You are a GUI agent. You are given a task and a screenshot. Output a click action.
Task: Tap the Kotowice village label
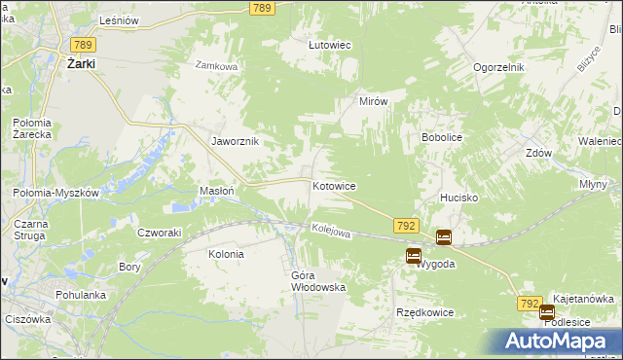(x=334, y=185)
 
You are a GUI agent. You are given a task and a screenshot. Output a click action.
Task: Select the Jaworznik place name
(x=235, y=141)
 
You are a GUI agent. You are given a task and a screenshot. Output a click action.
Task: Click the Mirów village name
(x=374, y=101)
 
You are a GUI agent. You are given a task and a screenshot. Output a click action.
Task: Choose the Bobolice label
(x=441, y=138)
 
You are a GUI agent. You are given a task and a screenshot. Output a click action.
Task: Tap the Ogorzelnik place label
(x=499, y=67)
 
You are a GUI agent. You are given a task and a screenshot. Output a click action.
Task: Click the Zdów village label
(x=538, y=153)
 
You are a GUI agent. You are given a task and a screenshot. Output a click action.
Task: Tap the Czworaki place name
(x=160, y=233)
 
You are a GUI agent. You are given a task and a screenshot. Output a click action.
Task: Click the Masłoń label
(x=216, y=191)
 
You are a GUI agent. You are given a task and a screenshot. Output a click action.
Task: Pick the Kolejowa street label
(x=330, y=231)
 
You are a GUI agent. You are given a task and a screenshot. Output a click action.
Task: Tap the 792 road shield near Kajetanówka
(x=530, y=305)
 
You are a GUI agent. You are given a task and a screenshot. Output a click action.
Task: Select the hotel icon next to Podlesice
(x=547, y=313)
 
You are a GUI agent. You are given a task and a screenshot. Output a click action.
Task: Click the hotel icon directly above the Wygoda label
(x=414, y=257)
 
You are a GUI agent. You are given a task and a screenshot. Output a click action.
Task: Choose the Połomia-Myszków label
(x=56, y=193)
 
